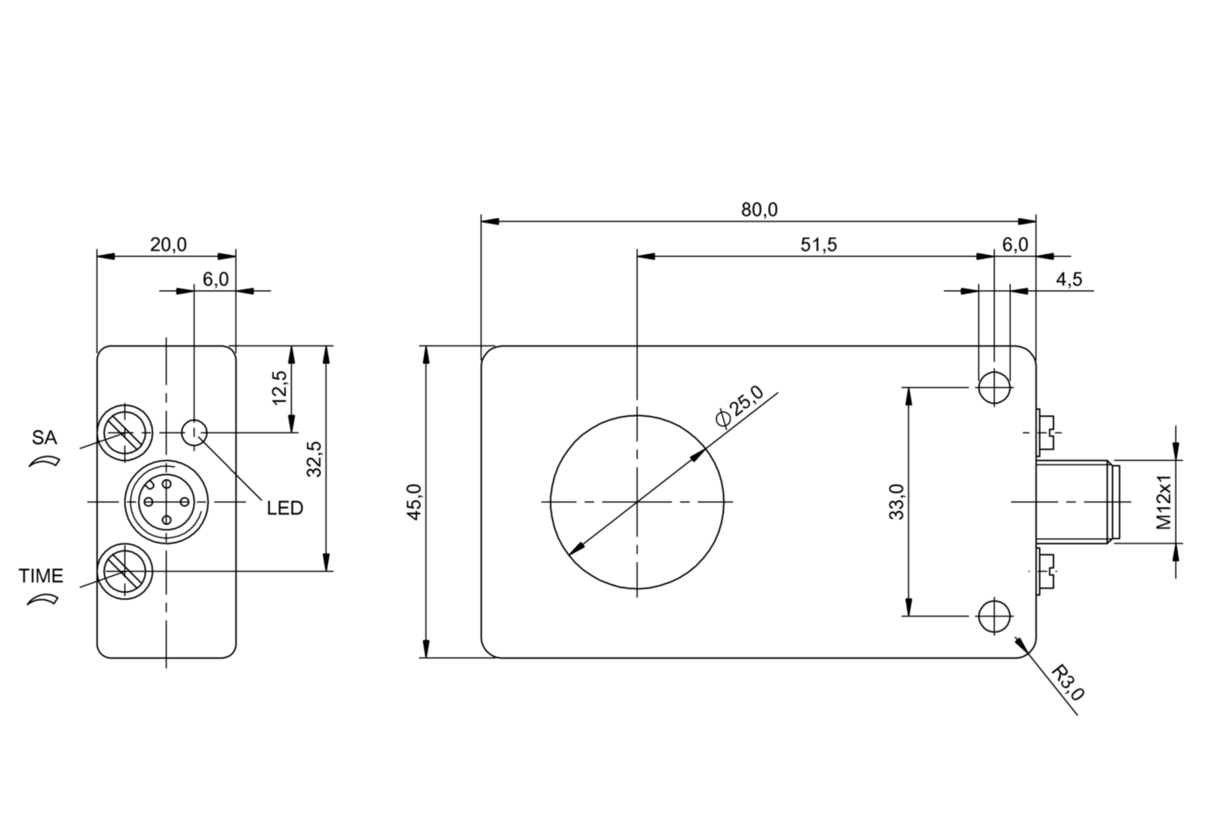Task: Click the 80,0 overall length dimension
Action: click(x=758, y=209)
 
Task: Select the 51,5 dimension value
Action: click(x=818, y=245)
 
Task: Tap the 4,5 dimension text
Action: click(x=1069, y=280)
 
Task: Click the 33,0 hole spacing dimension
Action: click(x=896, y=502)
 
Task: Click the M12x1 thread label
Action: click(x=1164, y=502)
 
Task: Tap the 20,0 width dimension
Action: click(x=167, y=245)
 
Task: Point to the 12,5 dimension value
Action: click(x=280, y=388)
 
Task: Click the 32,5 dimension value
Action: click(x=314, y=458)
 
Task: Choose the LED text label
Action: click(x=285, y=508)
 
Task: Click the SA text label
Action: click(x=44, y=436)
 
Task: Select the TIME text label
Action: click(x=41, y=576)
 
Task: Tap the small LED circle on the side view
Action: click(x=194, y=432)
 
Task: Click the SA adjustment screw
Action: click(x=123, y=432)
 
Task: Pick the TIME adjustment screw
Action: click(x=123, y=572)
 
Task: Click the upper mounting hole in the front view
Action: click(x=994, y=387)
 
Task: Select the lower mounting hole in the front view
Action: click(x=994, y=616)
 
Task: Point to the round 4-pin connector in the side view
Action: click(x=165, y=502)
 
